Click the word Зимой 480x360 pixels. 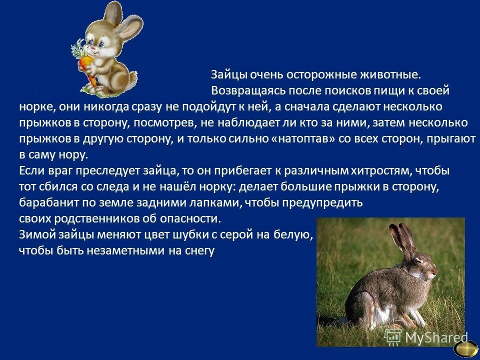(36, 234)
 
